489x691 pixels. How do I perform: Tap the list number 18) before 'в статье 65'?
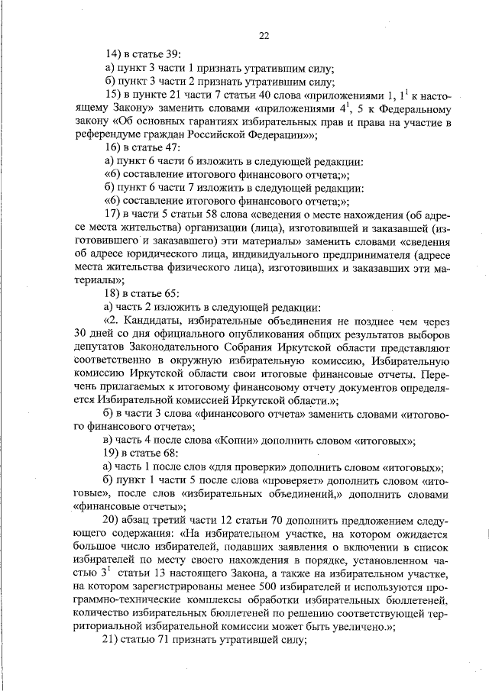[x=115, y=292]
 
